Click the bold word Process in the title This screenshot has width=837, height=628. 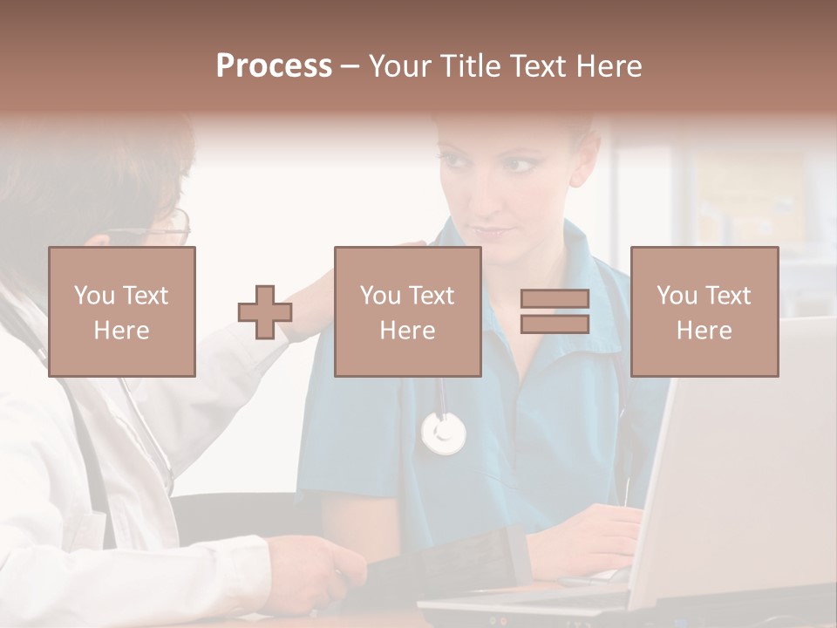274,66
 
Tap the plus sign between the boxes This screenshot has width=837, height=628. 265,312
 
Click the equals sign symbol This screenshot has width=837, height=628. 555,311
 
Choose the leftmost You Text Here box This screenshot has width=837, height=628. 122,312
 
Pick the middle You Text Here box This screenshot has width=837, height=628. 408,312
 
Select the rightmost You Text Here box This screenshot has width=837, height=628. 704,312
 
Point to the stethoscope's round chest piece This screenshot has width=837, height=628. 444,433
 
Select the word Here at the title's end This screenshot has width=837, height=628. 609,66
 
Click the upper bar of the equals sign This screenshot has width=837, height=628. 555,299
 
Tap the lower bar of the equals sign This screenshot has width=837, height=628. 555,324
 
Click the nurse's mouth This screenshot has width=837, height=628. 493,233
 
